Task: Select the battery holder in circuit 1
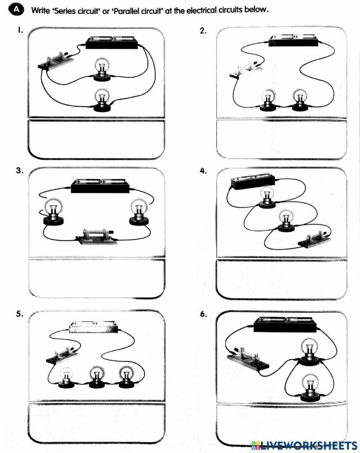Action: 112,42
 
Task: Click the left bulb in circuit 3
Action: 53,213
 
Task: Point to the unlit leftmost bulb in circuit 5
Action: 66,377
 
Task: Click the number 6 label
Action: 203,314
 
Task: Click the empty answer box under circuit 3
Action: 96,278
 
